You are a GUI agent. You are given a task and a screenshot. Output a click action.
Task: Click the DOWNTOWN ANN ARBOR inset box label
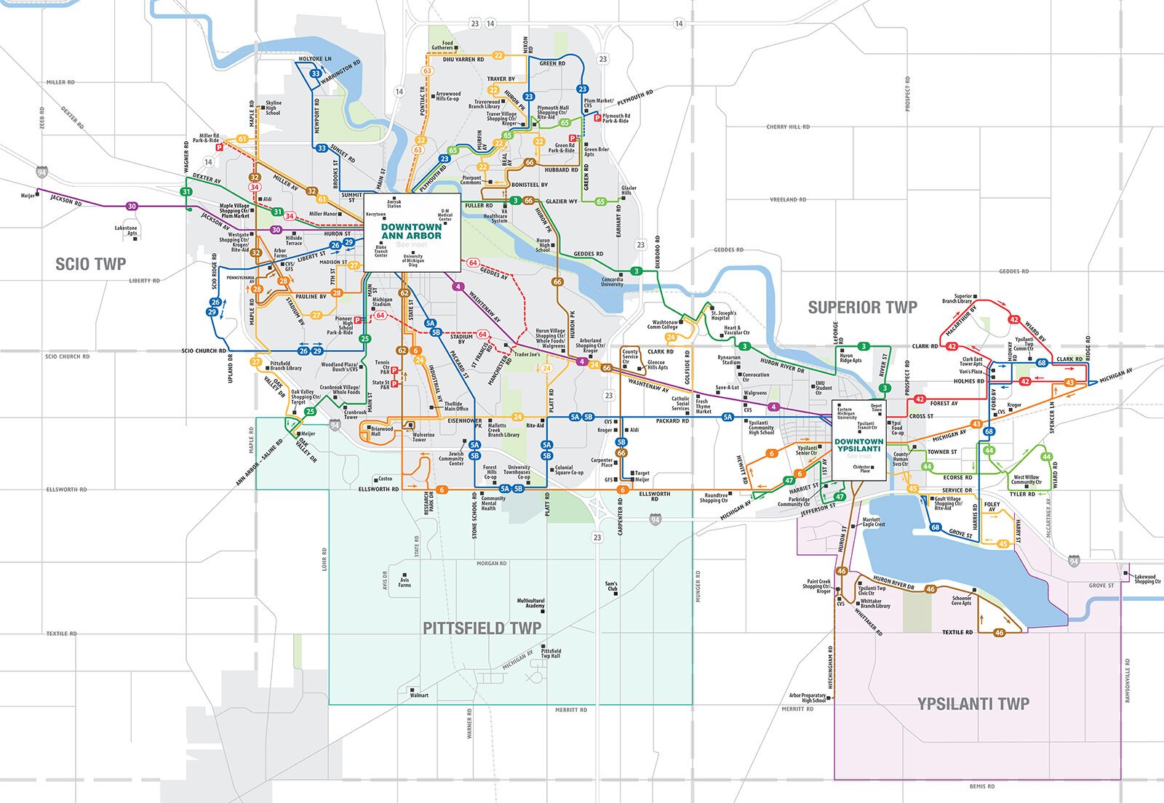411,231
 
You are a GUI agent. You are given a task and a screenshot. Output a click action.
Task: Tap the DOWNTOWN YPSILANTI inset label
858,444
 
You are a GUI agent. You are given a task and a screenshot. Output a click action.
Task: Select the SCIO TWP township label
90,264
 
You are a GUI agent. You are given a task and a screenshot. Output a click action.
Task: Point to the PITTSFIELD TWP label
482,628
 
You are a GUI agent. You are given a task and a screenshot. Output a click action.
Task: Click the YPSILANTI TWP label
973,703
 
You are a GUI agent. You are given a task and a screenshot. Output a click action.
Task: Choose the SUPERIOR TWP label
862,308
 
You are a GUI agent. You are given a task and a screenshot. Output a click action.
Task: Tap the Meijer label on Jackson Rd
28,196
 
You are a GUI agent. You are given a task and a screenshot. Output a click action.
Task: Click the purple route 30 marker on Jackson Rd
132,207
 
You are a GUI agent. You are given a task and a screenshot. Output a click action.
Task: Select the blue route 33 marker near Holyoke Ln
316,73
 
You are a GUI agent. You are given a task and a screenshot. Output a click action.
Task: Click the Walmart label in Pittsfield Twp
419,695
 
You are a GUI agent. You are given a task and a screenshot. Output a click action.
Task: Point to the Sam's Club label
611,586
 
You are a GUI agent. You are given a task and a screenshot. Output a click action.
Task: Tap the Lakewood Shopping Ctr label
1147,579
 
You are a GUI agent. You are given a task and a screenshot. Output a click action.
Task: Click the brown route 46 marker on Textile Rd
999,633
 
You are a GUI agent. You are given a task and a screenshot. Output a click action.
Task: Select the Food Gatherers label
442,45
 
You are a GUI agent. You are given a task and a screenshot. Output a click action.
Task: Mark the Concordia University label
612,281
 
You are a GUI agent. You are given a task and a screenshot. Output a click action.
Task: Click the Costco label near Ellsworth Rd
386,479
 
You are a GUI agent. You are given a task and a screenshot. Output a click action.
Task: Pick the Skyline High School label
273,108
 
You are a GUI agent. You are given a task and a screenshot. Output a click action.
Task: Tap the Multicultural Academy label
530,604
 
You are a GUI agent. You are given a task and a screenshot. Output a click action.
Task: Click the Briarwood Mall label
381,431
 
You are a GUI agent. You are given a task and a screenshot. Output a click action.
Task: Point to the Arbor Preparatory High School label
808,698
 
